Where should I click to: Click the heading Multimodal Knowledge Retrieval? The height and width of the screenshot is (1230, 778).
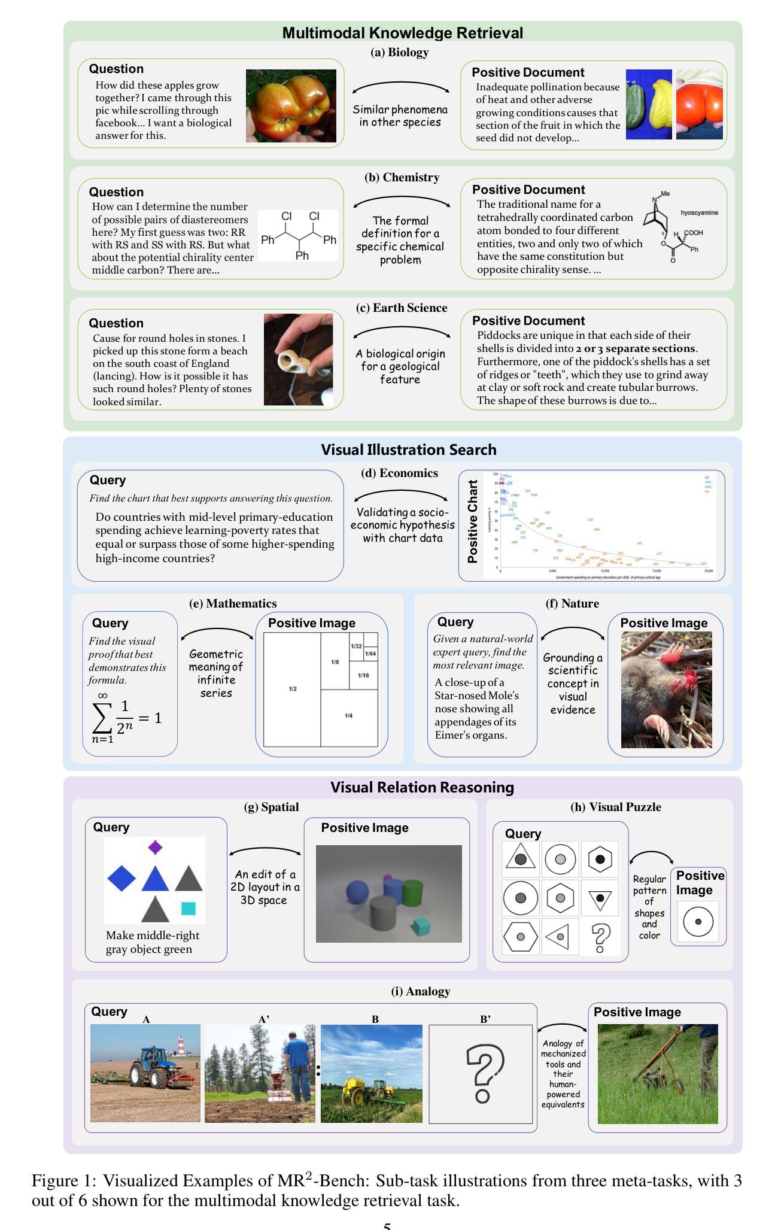(402, 33)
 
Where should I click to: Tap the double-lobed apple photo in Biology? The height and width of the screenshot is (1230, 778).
(291, 106)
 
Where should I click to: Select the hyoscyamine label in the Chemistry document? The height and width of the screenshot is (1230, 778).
(699, 212)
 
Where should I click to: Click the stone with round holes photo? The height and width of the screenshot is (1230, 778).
(298, 359)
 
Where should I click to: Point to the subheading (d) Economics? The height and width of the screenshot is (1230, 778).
(399, 473)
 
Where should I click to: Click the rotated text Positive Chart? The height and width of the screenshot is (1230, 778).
(473, 521)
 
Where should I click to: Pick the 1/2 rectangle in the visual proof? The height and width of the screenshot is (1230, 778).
(292, 689)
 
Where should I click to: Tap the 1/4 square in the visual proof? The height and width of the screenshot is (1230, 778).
(349, 716)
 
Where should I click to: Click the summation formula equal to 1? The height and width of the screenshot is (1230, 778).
(127, 717)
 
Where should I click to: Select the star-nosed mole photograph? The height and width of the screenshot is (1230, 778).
(666, 690)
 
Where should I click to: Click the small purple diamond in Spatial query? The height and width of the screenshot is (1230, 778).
(155, 847)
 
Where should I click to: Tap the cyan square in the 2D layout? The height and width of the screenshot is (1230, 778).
(189, 909)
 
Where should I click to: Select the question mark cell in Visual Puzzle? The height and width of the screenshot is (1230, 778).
(600, 937)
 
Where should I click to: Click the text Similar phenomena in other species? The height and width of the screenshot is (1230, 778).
(400, 116)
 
